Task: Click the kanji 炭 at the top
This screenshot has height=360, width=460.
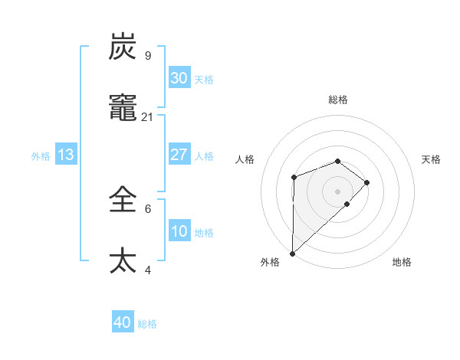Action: pos(123,47)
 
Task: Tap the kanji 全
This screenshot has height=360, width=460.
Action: pos(123,200)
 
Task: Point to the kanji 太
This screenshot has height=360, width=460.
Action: pos(123,260)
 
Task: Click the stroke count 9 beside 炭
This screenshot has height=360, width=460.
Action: pos(147,56)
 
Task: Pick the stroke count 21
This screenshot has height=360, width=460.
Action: pos(148,116)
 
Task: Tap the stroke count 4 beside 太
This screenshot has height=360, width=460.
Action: pos(147,270)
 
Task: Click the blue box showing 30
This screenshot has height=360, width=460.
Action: pos(179,77)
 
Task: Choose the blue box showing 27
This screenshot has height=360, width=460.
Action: pos(179,155)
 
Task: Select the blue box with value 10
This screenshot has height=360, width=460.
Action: pos(179,231)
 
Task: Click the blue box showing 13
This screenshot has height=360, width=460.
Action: pos(66,155)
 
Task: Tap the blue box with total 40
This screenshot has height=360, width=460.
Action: pos(123,322)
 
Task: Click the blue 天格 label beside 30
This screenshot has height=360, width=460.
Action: pos(204,80)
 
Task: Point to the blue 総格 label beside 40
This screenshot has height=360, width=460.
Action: pos(148,324)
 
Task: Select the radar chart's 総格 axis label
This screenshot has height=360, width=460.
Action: pos(337,100)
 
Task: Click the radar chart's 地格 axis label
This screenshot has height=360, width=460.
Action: pos(402,262)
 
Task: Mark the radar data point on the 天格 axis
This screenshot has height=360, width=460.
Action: pos(367,182)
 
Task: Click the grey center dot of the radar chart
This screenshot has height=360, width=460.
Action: pos(337,191)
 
